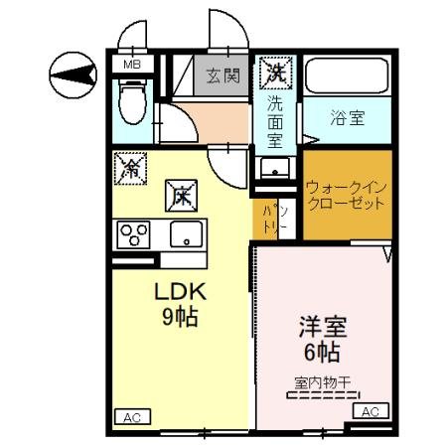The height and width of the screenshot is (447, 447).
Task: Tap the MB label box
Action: click(x=130, y=66)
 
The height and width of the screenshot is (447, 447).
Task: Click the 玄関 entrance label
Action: click(x=223, y=74)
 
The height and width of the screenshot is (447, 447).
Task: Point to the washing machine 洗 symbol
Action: click(x=273, y=72)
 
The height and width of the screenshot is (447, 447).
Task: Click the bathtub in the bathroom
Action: click(x=347, y=75)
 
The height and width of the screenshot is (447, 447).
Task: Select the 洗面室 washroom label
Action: click(x=274, y=118)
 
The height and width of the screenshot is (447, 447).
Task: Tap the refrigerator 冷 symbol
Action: click(x=130, y=168)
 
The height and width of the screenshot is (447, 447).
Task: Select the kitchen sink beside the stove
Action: click(x=185, y=234)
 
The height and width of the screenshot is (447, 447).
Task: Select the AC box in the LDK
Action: click(x=129, y=418)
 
